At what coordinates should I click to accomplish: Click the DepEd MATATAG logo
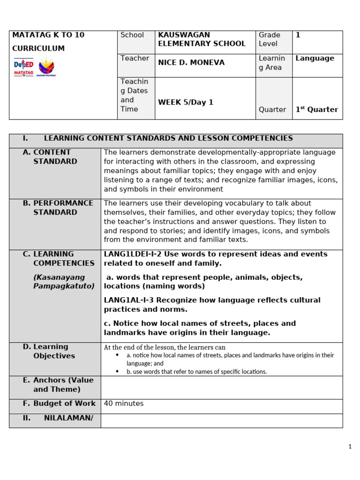pos(24,67)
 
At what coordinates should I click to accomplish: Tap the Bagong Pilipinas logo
pos(46,67)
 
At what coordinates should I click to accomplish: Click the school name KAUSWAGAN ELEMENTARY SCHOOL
pos(202,39)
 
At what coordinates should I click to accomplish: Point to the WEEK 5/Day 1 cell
pos(186,102)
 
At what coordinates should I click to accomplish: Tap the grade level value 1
pos(298,35)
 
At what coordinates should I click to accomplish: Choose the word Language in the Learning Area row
pos(315,58)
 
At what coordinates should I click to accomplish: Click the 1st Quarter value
pos(316,110)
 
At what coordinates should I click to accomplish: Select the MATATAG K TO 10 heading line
pos(48,35)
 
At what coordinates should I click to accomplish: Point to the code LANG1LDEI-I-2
pos(133,254)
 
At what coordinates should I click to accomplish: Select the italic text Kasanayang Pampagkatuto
pos(64,282)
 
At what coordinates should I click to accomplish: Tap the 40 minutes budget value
pos(124,404)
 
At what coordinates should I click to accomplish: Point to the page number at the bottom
pos(350,447)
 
